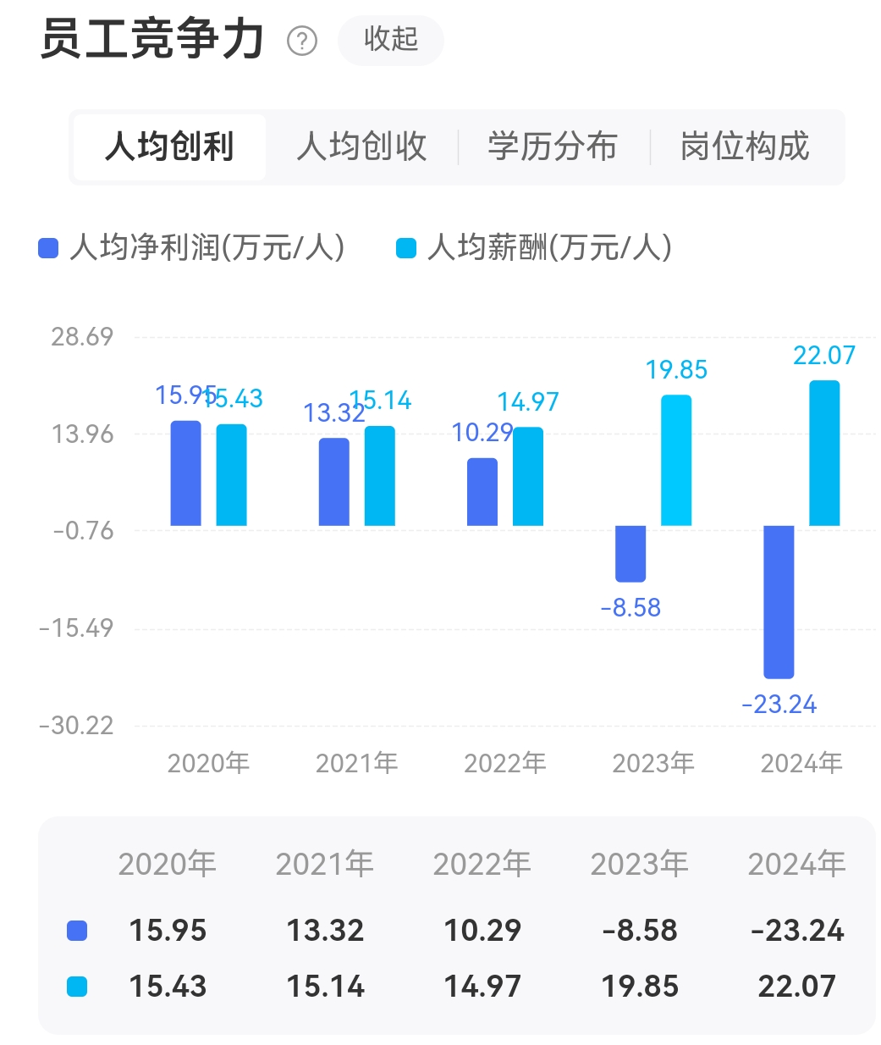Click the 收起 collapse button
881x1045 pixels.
click(390, 40)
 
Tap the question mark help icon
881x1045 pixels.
click(302, 41)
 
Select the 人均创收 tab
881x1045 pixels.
click(361, 147)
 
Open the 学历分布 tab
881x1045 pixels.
click(553, 147)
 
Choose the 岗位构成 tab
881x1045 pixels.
click(745, 147)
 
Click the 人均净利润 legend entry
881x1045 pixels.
click(192, 248)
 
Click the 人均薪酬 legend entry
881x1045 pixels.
click(535, 248)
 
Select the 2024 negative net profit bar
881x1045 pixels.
click(779, 601)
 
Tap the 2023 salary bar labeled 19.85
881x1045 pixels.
click(676, 460)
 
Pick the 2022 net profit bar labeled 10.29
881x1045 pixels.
click(482, 492)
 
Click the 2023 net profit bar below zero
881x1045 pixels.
click(630, 553)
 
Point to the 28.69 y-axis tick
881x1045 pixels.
click(82, 337)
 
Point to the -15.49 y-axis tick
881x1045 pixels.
click(76, 628)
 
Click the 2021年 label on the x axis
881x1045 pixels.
click(356, 763)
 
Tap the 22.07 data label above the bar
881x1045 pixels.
click(823, 356)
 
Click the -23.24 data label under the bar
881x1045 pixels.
click(779, 705)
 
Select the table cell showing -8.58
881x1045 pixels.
click(640, 931)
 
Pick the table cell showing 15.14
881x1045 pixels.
click(325, 987)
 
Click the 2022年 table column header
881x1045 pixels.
click(482, 864)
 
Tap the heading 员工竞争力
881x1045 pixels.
click(152, 40)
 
